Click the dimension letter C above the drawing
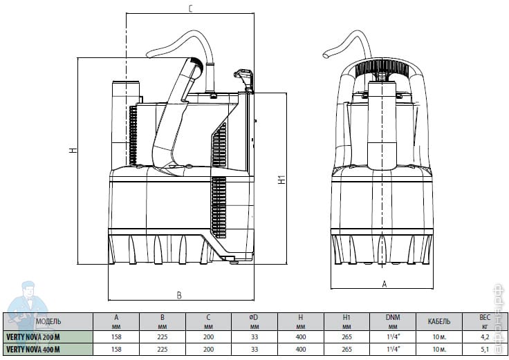[x=190, y=9]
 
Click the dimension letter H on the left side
[x=72, y=151]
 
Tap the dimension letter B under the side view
[x=178, y=295]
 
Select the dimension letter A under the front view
[x=384, y=284]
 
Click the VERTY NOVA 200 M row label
[x=34, y=337]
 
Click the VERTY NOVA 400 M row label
[x=34, y=350]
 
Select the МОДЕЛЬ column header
[x=48, y=321]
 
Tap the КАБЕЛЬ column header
[x=439, y=321]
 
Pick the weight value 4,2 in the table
[x=485, y=337]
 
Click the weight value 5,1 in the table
[x=485, y=350]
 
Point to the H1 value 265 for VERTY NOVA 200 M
[x=346, y=337]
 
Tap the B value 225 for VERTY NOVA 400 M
[x=163, y=350]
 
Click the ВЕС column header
[x=485, y=318]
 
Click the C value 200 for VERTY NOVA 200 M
[x=208, y=337]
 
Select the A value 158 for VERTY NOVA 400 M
[x=116, y=350]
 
